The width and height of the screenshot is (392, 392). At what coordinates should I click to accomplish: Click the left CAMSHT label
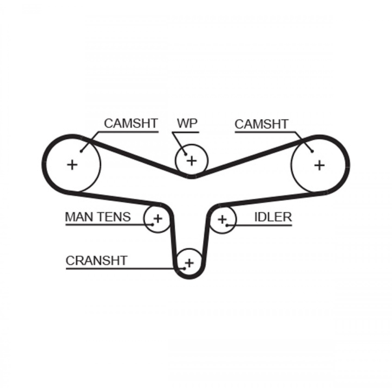point(131,124)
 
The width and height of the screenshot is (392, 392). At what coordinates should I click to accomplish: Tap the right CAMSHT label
point(261,124)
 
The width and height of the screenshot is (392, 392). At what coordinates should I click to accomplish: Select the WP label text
point(187,123)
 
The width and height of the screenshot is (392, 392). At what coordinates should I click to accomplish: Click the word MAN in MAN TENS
point(79,217)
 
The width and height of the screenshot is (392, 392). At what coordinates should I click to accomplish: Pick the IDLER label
point(273,217)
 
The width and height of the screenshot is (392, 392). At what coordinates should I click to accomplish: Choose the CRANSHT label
point(96,261)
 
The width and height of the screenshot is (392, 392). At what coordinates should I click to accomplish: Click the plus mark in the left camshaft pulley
point(72,164)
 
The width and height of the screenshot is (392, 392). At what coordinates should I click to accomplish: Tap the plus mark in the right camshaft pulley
point(319,165)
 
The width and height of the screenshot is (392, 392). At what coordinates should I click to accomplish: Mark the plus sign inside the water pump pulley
point(192,160)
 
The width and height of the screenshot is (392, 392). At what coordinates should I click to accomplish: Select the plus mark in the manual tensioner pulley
point(158,218)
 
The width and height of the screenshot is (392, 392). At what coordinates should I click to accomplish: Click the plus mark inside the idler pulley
point(222,219)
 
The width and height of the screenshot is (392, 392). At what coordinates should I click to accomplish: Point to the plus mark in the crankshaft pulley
point(189,262)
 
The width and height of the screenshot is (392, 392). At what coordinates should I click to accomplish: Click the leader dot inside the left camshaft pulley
point(81,151)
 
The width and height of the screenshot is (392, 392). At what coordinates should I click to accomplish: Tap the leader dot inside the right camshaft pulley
point(312,151)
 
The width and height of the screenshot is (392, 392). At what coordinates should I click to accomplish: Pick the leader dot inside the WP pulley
point(185,155)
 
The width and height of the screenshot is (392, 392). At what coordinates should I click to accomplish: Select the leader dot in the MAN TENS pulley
point(152,224)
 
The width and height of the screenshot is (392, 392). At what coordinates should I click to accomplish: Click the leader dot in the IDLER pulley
point(227,224)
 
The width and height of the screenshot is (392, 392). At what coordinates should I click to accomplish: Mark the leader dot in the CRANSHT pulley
point(184,269)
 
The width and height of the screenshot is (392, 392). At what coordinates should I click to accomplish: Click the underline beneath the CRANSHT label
point(114,269)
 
